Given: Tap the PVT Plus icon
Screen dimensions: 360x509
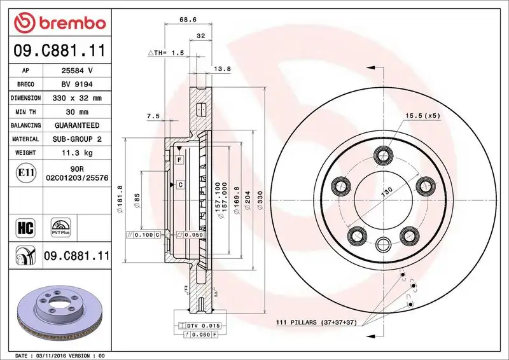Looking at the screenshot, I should click(60, 227).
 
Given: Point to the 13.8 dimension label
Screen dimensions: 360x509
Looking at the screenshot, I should click(221, 68).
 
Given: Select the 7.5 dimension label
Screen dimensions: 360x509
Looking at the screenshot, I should click(153, 116).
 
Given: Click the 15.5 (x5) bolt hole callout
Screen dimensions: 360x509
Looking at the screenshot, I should click(421, 115).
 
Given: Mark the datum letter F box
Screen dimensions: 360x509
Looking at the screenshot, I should click(180, 158).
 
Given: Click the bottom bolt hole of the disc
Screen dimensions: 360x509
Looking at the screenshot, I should click(383, 245).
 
